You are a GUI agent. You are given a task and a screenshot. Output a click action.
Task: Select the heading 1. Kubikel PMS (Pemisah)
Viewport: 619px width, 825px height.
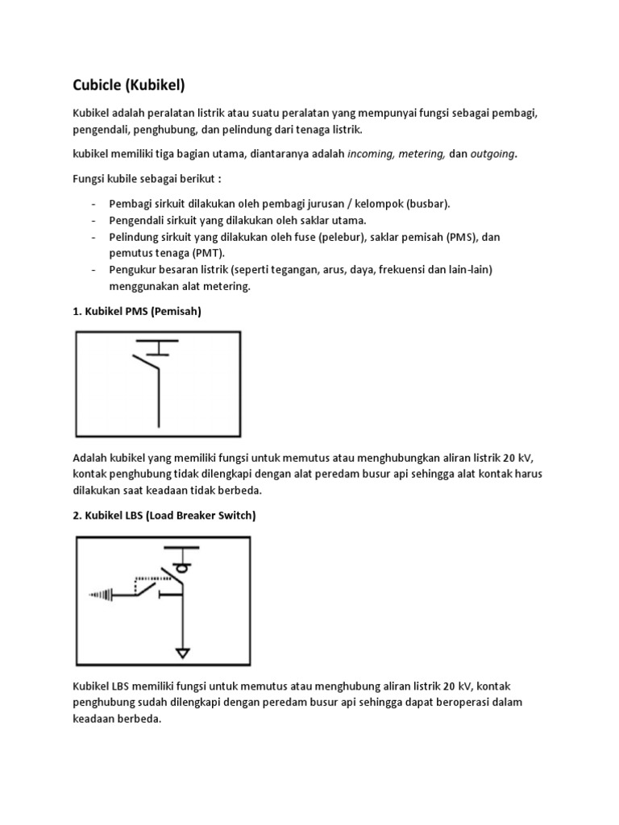(x=136, y=312)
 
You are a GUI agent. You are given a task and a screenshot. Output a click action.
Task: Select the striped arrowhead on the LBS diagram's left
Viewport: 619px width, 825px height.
(x=100, y=595)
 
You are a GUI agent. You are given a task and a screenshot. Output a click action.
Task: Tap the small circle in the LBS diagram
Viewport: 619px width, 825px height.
(x=182, y=567)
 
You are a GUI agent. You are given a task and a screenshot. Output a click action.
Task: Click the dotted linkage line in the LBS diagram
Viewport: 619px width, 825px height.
(x=149, y=578)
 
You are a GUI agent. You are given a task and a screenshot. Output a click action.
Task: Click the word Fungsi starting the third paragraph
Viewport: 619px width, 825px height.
(x=90, y=177)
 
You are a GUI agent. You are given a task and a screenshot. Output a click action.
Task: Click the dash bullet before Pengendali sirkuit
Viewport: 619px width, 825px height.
(x=94, y=220)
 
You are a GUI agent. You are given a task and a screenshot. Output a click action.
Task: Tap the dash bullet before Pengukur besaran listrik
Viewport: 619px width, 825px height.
(x=94, y=270)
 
